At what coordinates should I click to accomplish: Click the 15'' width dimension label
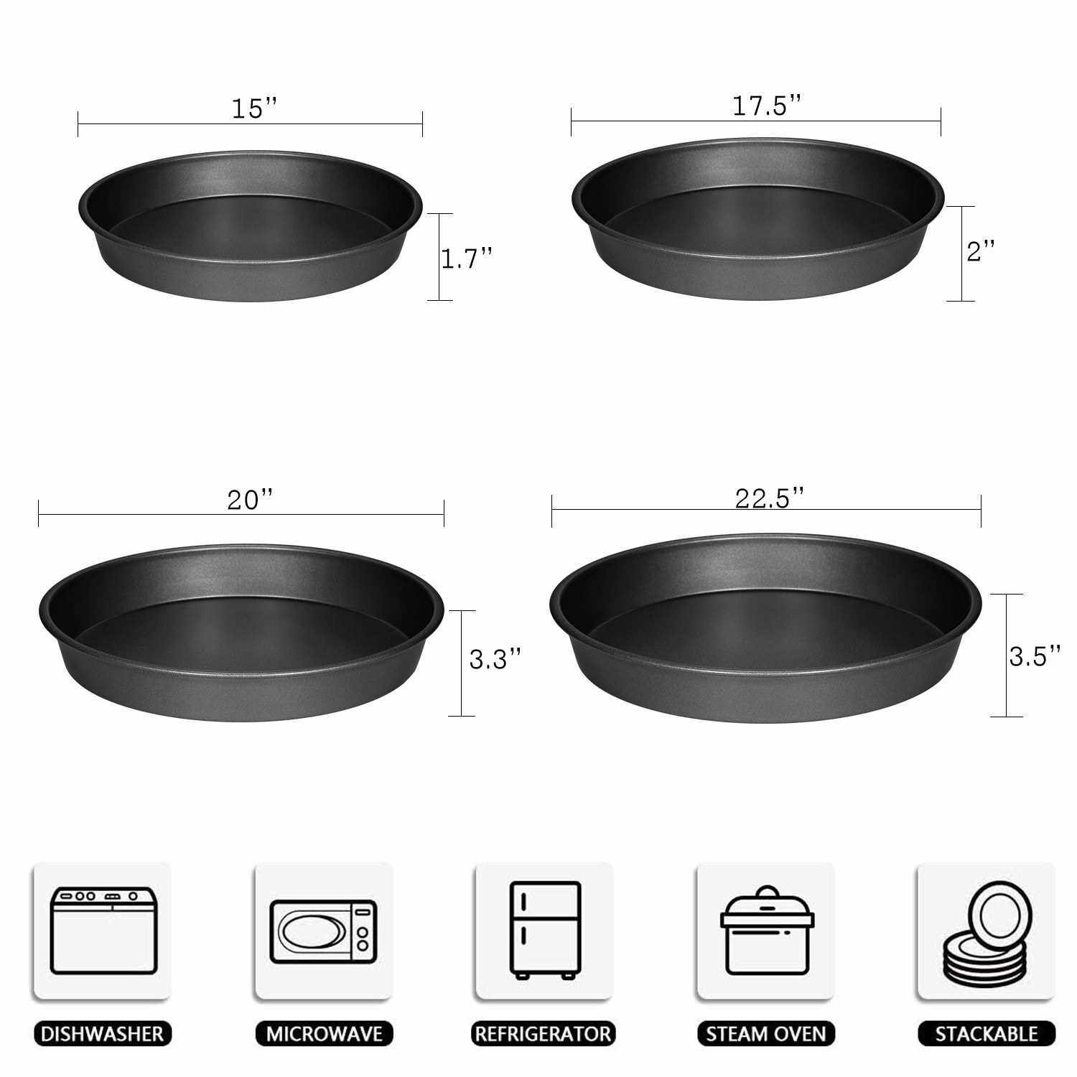(x=254, y=108)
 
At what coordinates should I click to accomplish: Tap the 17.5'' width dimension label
(x=766, y=106)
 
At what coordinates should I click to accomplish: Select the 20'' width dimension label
(x=251, y=499)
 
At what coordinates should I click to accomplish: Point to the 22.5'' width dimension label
(x=769, y=498)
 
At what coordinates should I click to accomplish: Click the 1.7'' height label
(x=467, y=258)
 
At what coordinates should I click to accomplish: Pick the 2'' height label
(x=981, y=251)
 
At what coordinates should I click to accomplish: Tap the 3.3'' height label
(x=495, y=658)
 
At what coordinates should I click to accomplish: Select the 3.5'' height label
(x=1035, y=656)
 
